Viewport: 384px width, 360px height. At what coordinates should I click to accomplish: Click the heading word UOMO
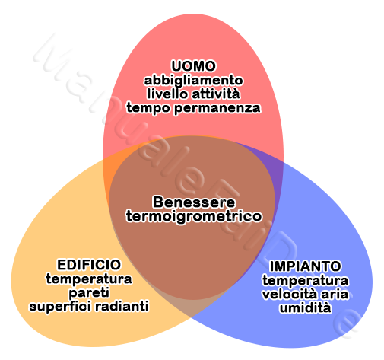pyautogui.click(x=193, y=66)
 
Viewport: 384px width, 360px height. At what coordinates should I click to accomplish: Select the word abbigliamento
pyautogui.click(x=193, y=81)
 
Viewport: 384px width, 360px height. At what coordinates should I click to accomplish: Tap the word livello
pyautogui.click(x=167, y=94)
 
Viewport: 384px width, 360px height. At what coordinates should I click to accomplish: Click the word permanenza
pyautogui.click(x=217, y=108)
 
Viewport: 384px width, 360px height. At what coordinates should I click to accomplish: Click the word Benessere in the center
pyautogui.click(x=194, y=202)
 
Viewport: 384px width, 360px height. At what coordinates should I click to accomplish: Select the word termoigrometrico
pyautogui.click(x=194, y=216)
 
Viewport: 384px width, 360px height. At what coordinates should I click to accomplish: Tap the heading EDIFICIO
pyautogui.click(x=89, y=265)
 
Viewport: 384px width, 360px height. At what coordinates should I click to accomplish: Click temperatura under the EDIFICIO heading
pyautogui.click(x=89, y=279)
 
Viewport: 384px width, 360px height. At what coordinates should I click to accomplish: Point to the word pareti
pyautogui.click(x=89, y=293)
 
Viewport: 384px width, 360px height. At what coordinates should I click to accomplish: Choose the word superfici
pyautogui.click(x=60, y=307)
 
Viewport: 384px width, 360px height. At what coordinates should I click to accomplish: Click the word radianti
pyautogui.click(x=122, y=306)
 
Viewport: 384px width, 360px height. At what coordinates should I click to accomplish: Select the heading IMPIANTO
pyautogui.click(x=306, y=266)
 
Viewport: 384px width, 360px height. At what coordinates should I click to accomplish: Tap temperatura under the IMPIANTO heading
pyautogui.click(x=306, y=281)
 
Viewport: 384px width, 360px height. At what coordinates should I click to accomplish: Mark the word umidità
pyautogui.click(x=306, y=307)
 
